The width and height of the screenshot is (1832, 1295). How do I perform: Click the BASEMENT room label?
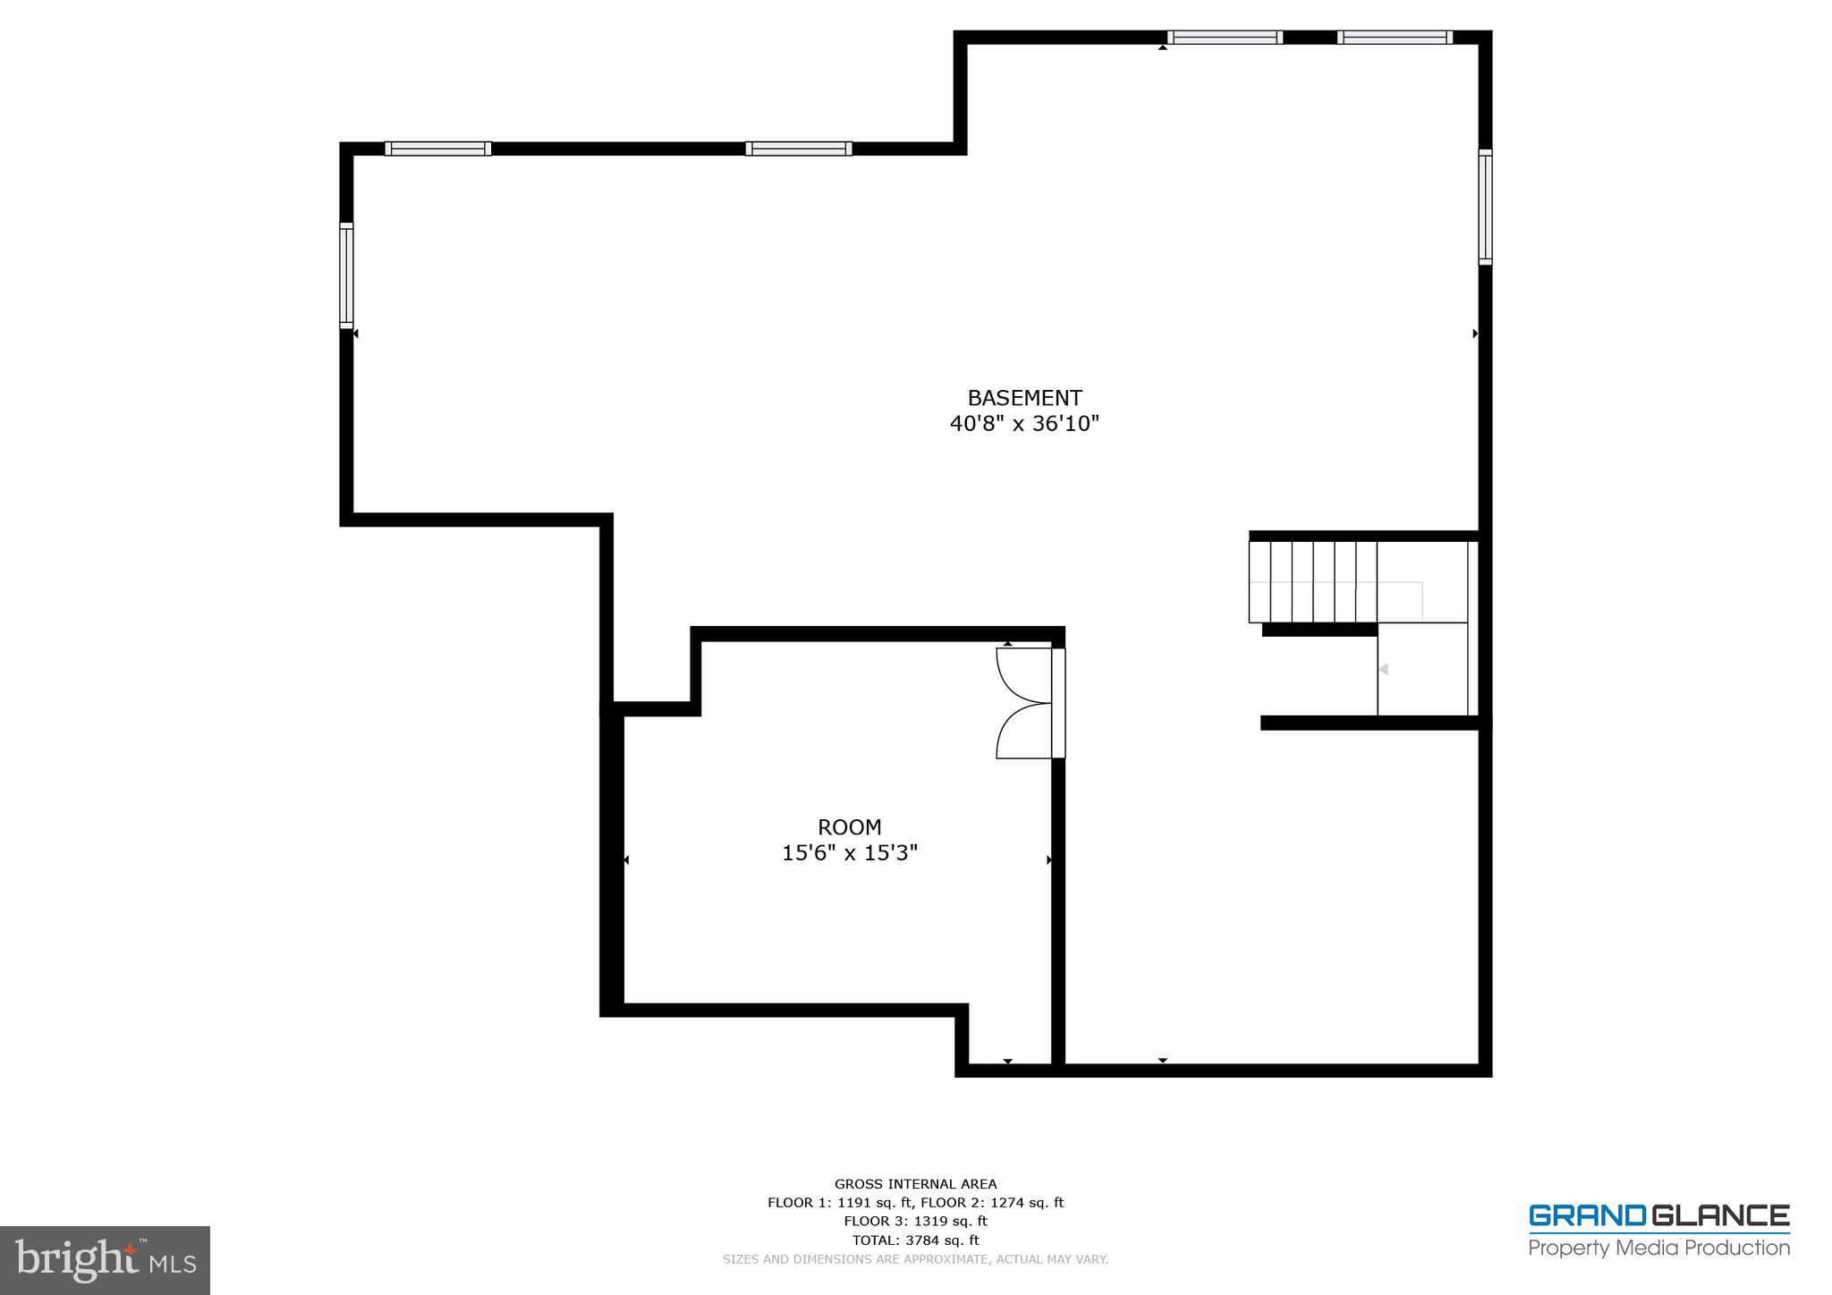(1024, 398)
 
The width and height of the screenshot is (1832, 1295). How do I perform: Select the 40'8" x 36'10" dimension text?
(1024, 424)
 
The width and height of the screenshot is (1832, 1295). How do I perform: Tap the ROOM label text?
(849, 827)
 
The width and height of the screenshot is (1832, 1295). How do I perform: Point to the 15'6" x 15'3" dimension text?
(849, 853)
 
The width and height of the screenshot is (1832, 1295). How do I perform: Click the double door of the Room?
(1026, 703)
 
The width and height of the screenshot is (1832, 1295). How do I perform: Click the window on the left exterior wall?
(346, 275)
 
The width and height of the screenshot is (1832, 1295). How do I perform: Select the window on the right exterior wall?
(1485, 207)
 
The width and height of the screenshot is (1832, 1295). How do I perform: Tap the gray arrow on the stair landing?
(1383, 670)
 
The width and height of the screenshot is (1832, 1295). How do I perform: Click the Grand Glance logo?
(1658, 1216)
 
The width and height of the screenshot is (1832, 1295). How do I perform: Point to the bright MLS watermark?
(105, 1261)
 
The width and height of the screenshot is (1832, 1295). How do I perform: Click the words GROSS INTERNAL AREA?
(915, 1184)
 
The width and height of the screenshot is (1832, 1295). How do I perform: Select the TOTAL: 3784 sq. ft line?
(915, 1240)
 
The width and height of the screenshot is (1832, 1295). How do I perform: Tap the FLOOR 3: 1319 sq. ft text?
(915, 1222)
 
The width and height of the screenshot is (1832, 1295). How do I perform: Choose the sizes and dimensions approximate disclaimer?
(915, 1259)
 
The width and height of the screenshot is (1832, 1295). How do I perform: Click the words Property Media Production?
(1658, 1248)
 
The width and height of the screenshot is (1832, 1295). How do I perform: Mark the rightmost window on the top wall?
(1395, 38)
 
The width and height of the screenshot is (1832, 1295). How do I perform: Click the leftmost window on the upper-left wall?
(438, 148)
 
